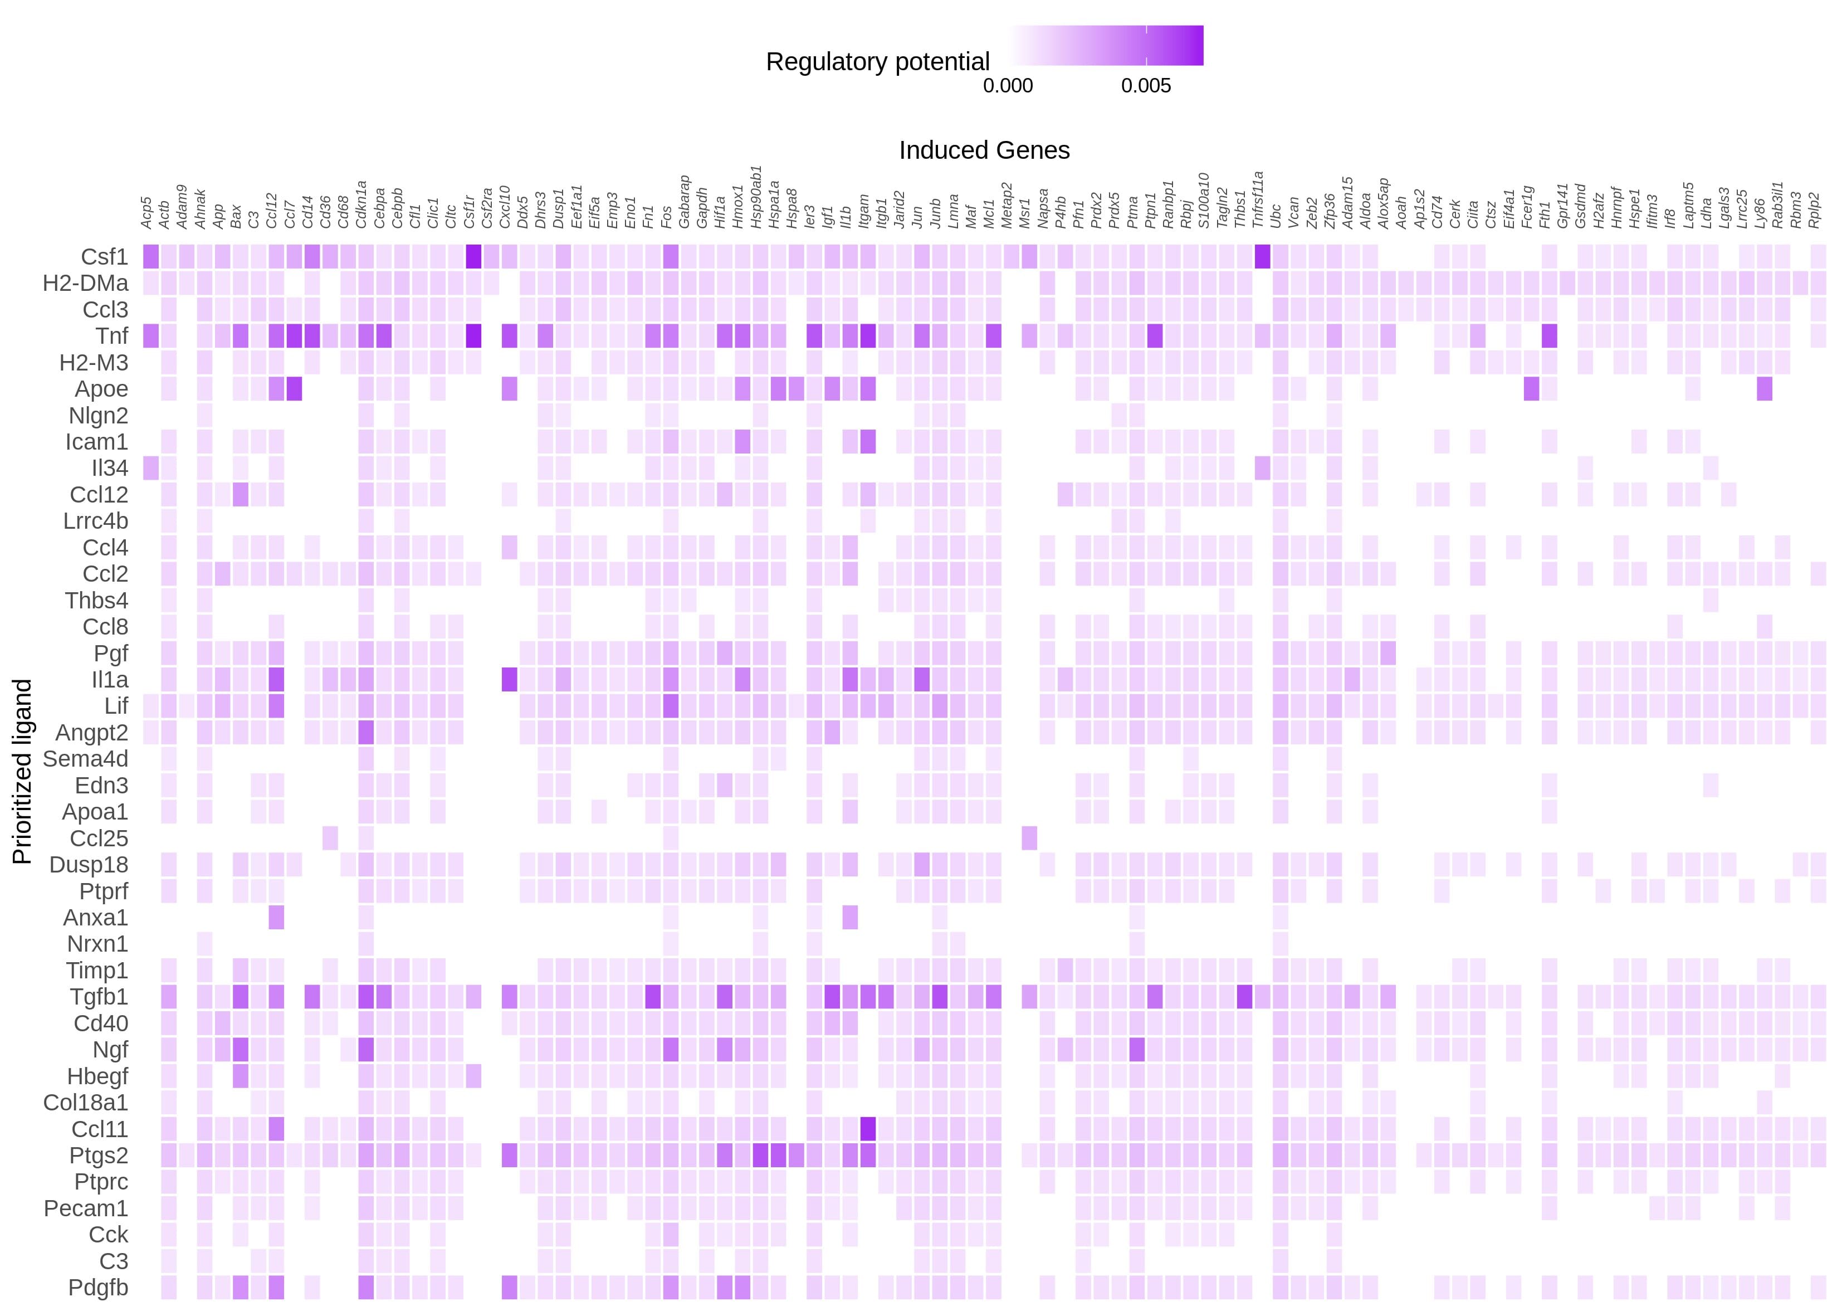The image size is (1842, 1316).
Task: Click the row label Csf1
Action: click(x=105, y=257)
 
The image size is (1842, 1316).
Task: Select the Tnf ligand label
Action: click(x=112, y=335)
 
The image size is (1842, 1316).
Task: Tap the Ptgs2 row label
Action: click(x=99, y=1156)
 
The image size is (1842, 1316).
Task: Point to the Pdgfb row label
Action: click(x=98, y=1288)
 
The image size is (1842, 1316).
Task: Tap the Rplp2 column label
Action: click(x=1816, y=211)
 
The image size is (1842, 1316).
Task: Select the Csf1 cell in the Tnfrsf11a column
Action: click(x=1262, y=257)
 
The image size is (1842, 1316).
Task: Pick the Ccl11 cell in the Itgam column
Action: click(x=868, y=1129)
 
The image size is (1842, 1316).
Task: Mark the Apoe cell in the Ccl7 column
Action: click(x=294, y=389)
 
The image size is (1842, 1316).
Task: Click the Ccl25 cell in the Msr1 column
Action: click(x=1029, y=838)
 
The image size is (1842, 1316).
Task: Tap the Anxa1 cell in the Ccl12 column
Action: click(x=276, y=917)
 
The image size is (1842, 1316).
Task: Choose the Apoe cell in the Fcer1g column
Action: click(x=1531, y=389)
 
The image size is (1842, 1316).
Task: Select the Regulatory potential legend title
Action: click(x=877, y=62)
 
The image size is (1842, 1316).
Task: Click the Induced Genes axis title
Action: click(x=984, y=150)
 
